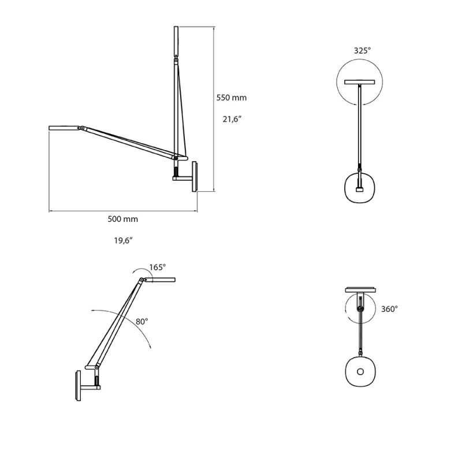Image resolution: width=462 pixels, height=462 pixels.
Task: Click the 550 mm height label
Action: point(231,98)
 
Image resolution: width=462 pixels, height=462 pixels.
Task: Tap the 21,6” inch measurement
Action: point(231,120)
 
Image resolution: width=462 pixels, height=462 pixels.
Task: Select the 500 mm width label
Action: point(122,219)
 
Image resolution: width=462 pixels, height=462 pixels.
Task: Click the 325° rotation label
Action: point(362,51)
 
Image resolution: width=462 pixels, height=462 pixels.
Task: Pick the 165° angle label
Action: point(157,267)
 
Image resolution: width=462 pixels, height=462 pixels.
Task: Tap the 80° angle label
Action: point(141,321)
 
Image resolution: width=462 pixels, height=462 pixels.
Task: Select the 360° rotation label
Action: point(389,309)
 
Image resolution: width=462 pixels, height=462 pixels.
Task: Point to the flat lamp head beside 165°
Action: point(159,280)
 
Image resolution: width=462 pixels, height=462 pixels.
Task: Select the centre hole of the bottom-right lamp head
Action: point(360,371)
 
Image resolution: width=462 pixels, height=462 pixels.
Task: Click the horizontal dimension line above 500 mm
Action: point(122,211)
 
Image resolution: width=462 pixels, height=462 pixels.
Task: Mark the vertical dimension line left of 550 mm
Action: point(214,110)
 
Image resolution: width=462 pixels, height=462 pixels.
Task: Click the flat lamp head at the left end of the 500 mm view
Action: point(64,126)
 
